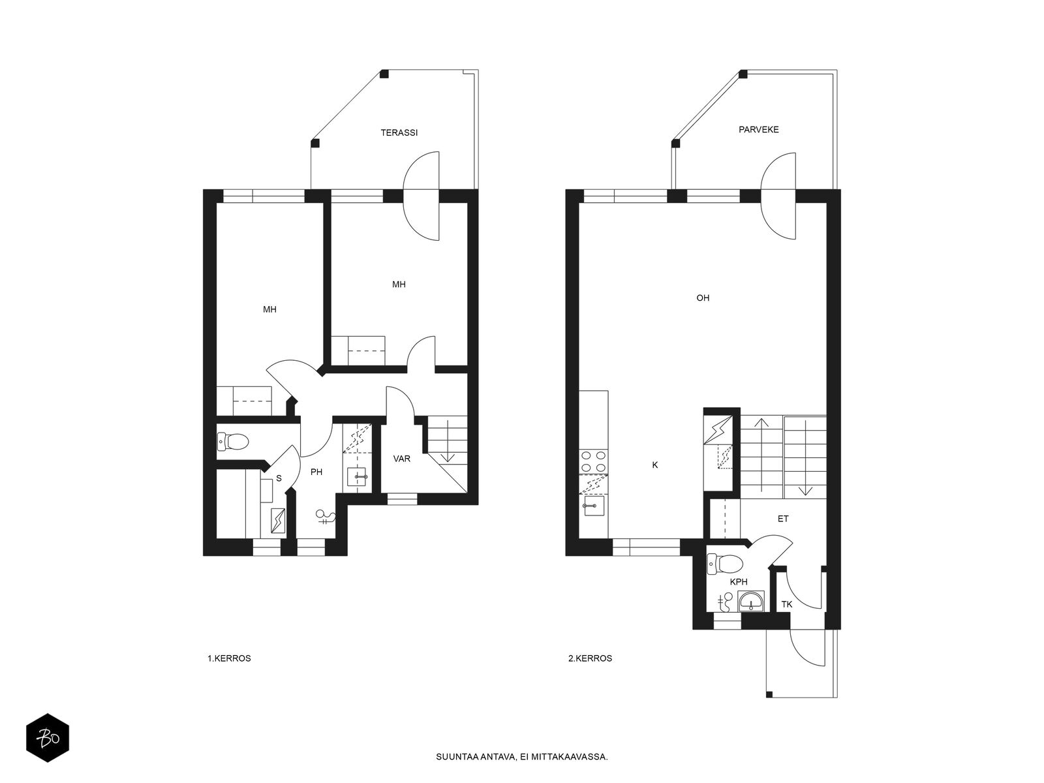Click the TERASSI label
(x=399, y=132)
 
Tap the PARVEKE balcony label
(x=759, y=129)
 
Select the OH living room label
(x=703, y=298)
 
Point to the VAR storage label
(x=402, y=459)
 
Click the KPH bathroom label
(x=739, y=581)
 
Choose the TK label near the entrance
(x=787, y=604)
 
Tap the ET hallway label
(x=783, y=519)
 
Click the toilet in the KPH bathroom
(x=725, y=564)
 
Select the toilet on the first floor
(x=232, y=442)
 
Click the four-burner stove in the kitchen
(x=594, y=461)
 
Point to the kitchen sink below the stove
(x=592, y=506)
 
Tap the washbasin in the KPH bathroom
(x=751, y=602)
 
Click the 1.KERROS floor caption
(x=229, y=658)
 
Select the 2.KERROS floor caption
(x=591, y=658)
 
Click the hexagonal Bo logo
(x=48, y=738)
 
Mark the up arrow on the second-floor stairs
(x=761, y=455)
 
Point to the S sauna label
(x=279, y=478)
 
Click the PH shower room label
(x=316, y=472)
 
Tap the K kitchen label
(x=655, y=465)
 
